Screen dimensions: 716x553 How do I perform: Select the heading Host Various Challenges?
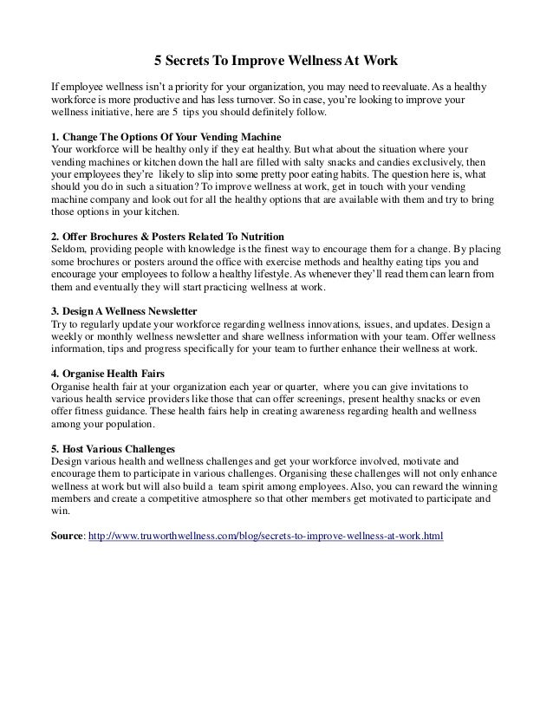coord(113,449)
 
